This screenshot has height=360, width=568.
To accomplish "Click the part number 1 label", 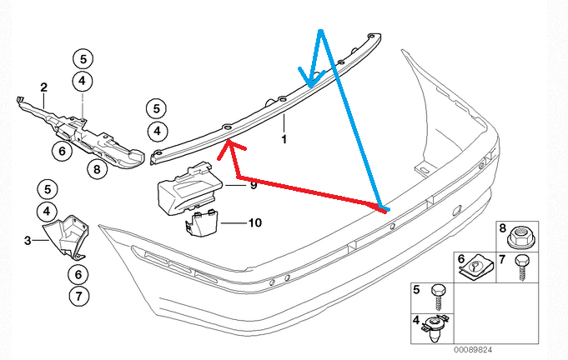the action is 284,139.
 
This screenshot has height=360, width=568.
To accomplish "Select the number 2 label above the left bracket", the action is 44,87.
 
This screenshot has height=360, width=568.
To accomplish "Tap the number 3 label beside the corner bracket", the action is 28,240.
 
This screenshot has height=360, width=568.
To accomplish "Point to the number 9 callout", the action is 254,185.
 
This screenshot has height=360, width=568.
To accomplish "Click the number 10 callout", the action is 255,222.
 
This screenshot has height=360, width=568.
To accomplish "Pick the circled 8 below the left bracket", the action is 97,169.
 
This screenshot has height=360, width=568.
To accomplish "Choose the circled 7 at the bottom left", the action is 78,297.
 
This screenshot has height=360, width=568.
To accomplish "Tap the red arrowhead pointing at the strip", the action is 230,149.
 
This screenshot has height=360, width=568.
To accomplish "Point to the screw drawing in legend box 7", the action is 522,267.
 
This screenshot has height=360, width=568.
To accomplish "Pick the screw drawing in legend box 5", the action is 438,297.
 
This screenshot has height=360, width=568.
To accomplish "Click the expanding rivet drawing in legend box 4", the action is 435,329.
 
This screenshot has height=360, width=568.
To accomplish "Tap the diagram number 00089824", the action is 473,350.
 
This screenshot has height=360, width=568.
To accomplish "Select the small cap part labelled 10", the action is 201,223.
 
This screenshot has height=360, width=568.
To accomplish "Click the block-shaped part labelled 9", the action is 189,189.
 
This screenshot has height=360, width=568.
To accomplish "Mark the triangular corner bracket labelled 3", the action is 66,237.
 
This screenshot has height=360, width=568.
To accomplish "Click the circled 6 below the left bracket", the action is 62,151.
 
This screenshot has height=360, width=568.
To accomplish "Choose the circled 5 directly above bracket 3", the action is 48,189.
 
